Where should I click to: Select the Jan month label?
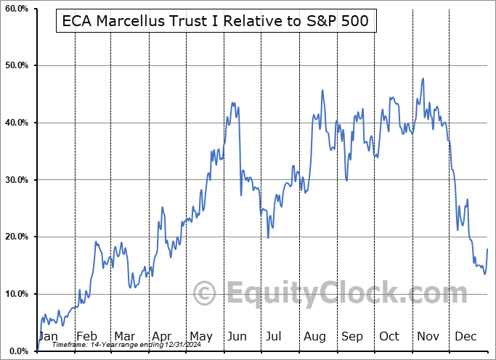(47, 336)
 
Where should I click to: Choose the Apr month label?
(161, 336)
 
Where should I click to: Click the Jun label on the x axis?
(237, 336)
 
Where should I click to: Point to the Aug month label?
(314, 336)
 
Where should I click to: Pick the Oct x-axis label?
(389, 336)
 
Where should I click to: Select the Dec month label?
(465, 336)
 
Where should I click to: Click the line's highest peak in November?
(423, 78)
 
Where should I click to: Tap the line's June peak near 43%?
(232, 102)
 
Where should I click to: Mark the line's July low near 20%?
(268, 237)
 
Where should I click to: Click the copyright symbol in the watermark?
(204, 293)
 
